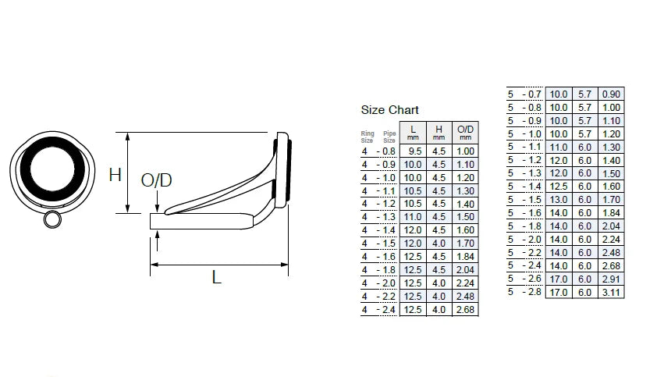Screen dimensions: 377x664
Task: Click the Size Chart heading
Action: (389, 110)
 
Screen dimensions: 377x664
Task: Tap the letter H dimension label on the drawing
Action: (115, 174)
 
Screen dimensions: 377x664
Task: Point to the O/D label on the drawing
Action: (156, 181)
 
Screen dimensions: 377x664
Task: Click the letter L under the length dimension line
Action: (217, 277)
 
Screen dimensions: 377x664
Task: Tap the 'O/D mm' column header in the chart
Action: (465, 132)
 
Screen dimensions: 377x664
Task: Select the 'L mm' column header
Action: (413, 132)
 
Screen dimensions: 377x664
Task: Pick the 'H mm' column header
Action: (439, 132)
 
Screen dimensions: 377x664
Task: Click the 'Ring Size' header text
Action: (368, 136)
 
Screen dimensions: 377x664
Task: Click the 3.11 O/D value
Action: (612, 293)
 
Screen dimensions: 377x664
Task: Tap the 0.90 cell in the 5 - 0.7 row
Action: (612, 94)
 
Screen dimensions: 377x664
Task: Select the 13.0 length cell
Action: (559, 200)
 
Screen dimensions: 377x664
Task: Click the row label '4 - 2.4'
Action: (378, 310)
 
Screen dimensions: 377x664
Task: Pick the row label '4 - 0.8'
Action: (378, 151)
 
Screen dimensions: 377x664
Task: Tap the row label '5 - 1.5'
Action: (524, 200)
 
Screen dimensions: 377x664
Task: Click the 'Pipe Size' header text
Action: (389, 136)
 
